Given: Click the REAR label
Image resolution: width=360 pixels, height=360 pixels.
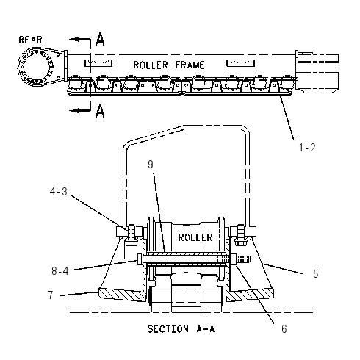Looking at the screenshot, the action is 31,40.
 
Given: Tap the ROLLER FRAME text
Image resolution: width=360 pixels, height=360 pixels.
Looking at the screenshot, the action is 169,65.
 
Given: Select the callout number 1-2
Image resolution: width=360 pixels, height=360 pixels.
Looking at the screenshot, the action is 307,148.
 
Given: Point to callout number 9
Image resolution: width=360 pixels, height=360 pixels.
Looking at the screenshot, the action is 151,165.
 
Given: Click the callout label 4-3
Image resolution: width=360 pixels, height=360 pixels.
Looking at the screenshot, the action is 58,192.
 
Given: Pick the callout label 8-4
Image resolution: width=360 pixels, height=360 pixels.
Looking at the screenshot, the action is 60,271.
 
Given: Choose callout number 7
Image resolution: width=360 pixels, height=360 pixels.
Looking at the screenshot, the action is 51,295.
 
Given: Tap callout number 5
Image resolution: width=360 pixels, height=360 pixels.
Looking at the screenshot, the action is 316,273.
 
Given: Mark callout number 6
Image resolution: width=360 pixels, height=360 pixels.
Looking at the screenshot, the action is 284,328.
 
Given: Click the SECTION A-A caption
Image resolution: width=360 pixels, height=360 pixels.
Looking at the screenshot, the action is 181,328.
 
